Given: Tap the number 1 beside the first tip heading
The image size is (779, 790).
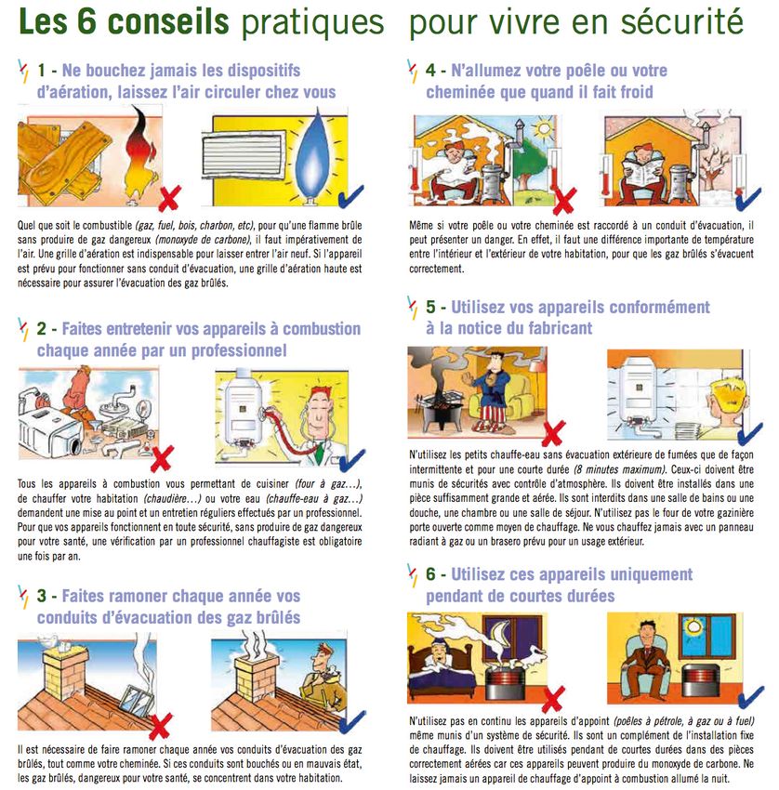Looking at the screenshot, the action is (x=41, y=70).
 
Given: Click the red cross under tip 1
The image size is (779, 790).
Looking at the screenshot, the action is (x=169, y=198).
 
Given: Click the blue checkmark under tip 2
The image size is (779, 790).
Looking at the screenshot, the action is (x=351, y=459).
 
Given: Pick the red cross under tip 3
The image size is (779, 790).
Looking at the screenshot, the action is (x=160, y=726).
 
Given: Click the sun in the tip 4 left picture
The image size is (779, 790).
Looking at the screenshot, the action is (x=544, y=129).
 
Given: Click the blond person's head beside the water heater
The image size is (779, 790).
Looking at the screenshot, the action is (x=727, y=398).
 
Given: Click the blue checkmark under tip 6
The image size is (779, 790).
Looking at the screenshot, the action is (x=751, y=697).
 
